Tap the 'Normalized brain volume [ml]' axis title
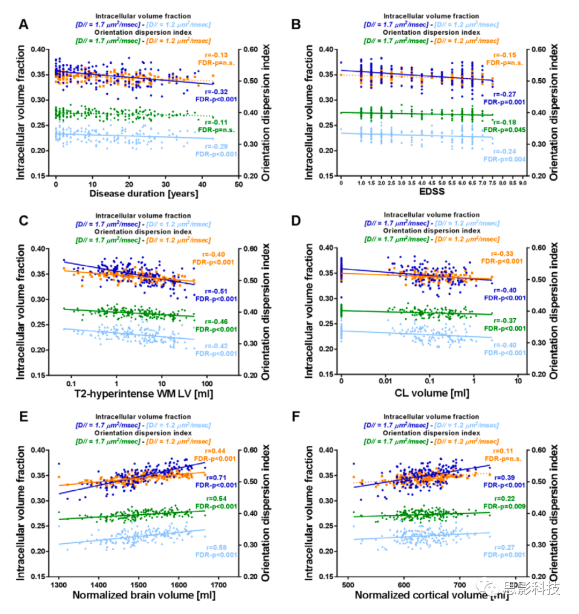(x=144, y=595)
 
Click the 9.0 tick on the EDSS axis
(x=524, y=183)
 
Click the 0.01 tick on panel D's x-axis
(x=385, y=383)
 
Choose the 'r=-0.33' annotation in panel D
(x=503, y=253)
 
